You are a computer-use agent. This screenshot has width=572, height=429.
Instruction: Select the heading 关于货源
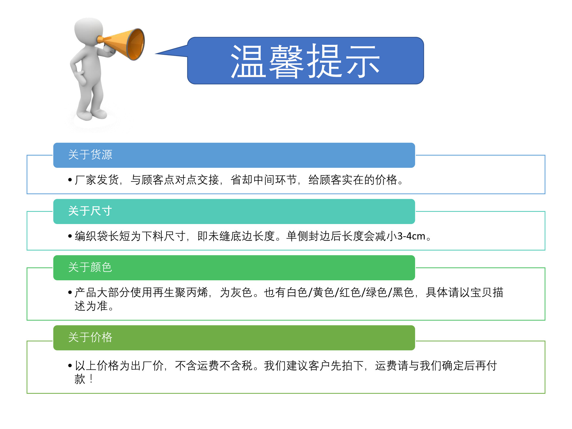pos(90,155)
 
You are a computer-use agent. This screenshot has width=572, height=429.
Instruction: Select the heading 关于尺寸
pos(90,211)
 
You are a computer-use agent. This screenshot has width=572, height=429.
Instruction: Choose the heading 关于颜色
pos(90,267)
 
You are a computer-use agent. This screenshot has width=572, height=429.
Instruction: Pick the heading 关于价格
pos(90,338)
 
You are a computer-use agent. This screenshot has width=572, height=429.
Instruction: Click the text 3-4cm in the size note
pos(411,236)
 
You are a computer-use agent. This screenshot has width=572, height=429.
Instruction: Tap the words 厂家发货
pos(97,180)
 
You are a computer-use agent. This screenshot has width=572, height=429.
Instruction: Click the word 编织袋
pos(91,236)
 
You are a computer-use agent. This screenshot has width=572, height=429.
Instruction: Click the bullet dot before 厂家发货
pos(70,180)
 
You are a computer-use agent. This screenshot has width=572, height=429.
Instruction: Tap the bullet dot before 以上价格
pos(70,366)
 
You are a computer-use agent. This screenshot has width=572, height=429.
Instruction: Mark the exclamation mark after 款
pos(91,379)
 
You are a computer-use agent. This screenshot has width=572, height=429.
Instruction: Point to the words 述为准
pos(91,306)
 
